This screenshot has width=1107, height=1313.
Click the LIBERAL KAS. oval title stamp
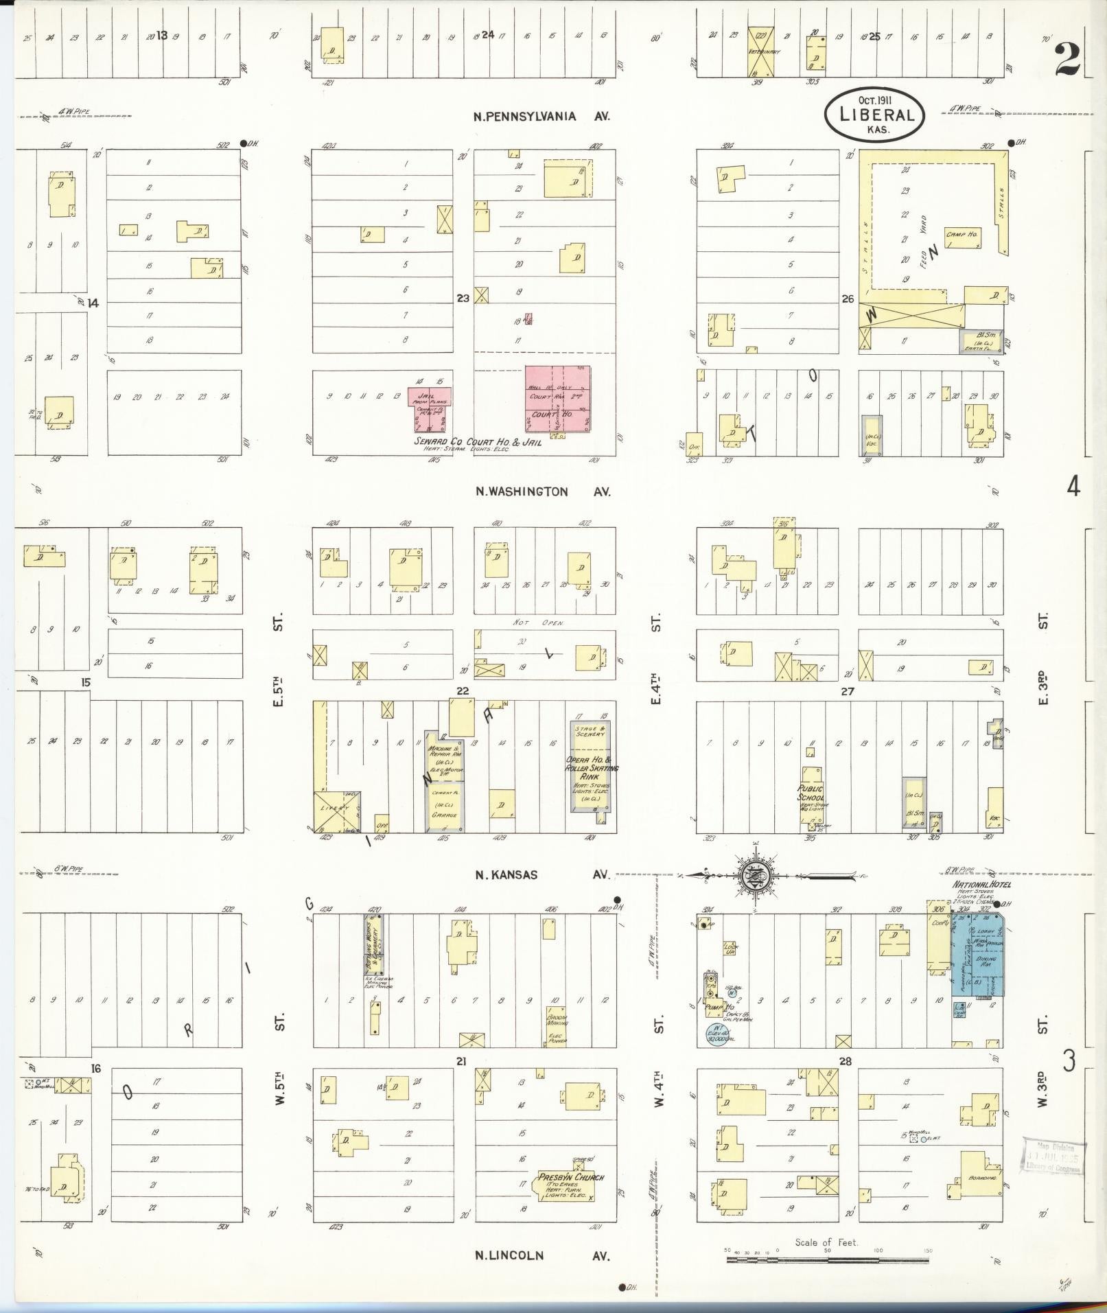[874, 115]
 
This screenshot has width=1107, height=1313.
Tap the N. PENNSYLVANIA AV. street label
[541, 117]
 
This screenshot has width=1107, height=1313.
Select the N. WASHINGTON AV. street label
[543, 491]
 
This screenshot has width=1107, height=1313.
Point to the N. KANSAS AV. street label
[541, 875]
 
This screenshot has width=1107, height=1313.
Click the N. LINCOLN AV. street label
[543, 1255]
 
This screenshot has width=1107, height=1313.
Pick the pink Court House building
[557, 399]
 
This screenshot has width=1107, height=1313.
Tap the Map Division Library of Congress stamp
[1053, 1156]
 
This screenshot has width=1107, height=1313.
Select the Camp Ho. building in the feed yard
[964, 235]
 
